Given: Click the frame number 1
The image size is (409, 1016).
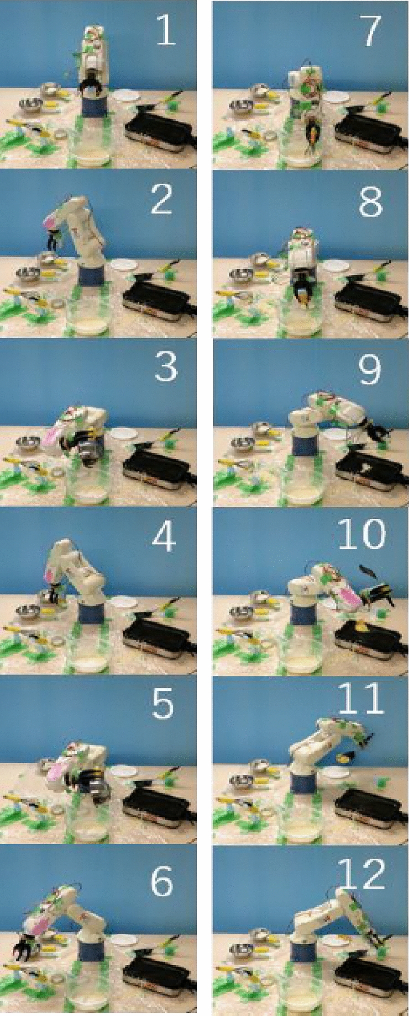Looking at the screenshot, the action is point(165,30).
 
